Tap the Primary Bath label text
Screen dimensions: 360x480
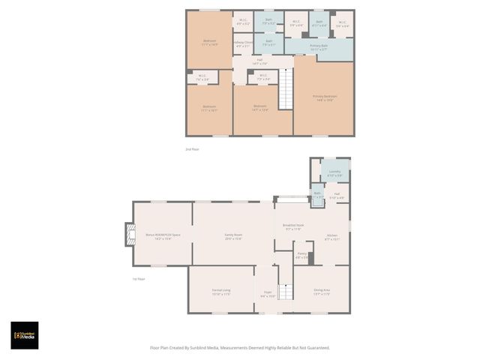[x=319, y=49]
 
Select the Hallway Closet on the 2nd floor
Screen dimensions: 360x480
[x=243, y=44]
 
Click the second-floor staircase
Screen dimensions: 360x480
[x=285, y=88]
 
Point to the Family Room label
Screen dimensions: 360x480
[x=233, y=236]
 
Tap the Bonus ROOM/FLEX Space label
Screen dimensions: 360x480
[x=162, y=236]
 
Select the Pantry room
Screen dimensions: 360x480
[x=301, y=255]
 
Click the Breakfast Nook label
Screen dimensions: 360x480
[x=293, y=227]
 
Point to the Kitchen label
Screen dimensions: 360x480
[x=332, y=237]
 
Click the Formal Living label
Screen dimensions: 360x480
[x=220, y=292]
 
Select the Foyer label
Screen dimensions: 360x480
[x=267, y=294]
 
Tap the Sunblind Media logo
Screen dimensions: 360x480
[x=25, y=335]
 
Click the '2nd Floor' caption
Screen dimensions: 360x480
[x=192, y=149]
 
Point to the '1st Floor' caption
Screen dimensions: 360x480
[x=138, y=278]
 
